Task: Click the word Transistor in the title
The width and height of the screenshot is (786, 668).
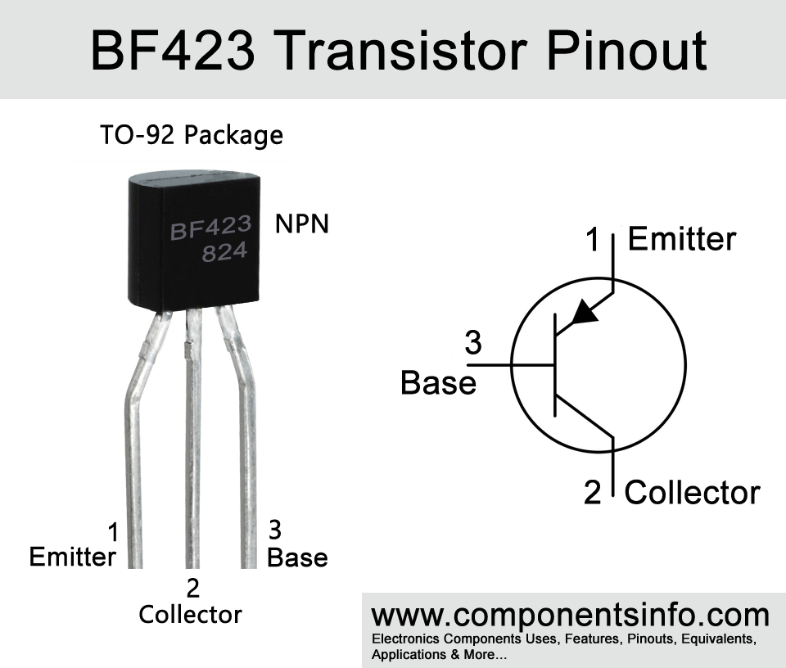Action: pos(401,51)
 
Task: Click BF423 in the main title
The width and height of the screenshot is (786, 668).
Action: pos(173,51)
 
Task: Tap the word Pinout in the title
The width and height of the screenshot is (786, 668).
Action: pos(626,51)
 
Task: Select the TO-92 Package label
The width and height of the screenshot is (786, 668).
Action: pos(192,135)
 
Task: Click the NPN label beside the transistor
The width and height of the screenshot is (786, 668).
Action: pos(302,223)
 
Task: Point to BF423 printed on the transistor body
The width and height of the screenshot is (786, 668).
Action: pos(210,228)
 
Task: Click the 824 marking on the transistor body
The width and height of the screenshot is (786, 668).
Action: pos(224,252)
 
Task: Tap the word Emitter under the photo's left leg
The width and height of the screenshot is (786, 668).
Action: pos(73,557)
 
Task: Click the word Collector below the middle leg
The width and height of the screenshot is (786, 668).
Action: pos(191,615)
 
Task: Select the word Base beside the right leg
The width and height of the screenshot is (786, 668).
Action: pos(297,557)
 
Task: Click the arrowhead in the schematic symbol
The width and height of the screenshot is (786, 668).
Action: pos(585,312)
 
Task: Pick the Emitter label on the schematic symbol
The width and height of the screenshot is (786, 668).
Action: pos(682,238)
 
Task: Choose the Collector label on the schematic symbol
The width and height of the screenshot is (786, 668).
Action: pos(693,493)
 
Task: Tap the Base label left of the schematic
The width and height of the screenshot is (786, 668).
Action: pos(438,383)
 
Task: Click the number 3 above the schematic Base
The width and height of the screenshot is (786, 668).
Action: pos(473,343)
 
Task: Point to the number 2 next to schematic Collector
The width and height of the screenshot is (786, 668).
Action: pos(593,492)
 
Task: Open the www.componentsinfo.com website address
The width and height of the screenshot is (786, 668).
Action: pos(571,615)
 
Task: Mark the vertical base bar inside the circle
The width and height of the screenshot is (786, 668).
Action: pos(554,365)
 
